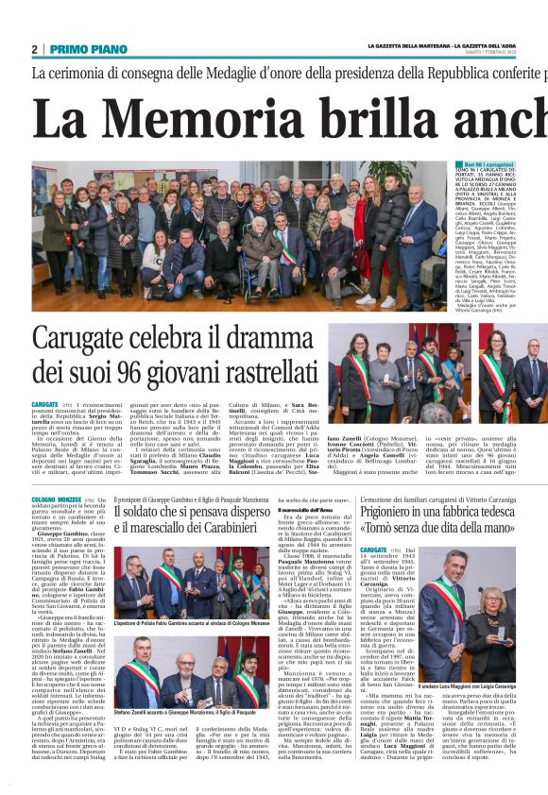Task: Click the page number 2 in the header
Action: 34,49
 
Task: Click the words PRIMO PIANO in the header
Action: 88,49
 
